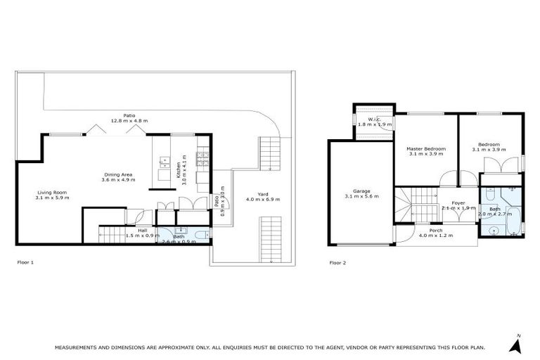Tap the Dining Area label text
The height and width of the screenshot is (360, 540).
click(x=118, y=174)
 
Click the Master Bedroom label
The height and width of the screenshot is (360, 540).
click(x=426, y=148)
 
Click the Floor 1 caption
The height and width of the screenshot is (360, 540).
click(x=25, y=263)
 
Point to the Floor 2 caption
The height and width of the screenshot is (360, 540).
click(x=337, y=263)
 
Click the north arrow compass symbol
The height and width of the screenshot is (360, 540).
click(x=517, y=345)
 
